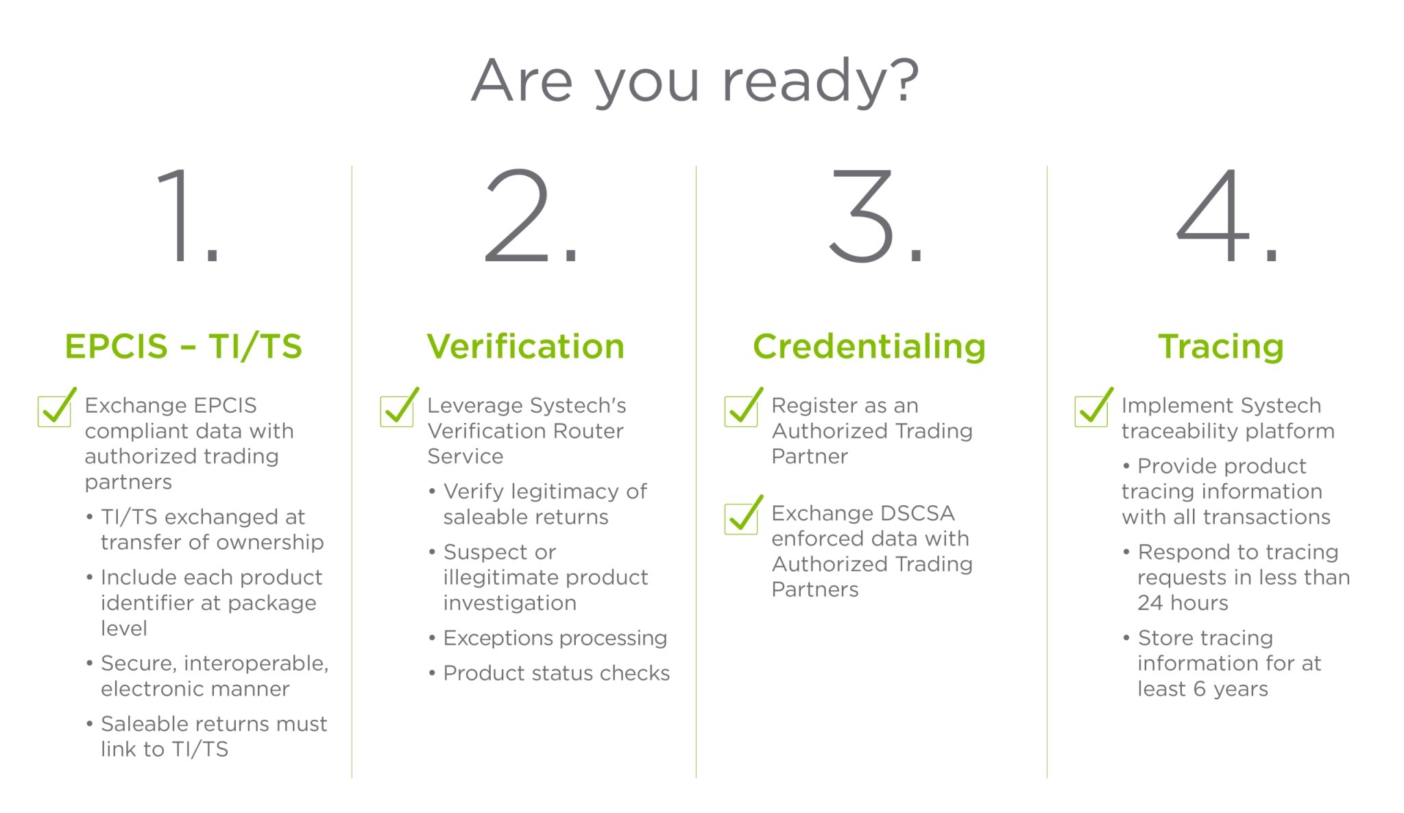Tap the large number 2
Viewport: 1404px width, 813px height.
518,216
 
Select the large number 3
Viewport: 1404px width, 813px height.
862,216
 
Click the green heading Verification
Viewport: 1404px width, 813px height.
525,346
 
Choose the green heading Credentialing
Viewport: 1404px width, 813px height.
869,346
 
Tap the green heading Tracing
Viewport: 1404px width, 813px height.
1221,346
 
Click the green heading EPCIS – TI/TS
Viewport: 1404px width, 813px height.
183,346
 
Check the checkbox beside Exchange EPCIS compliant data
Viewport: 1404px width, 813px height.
54,411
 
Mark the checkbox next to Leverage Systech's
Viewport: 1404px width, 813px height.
397,411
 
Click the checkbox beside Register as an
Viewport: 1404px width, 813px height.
741,411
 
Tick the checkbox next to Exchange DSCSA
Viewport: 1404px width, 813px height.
741,519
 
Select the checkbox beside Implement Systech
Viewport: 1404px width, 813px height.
1091,411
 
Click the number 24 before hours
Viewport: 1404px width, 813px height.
1150,603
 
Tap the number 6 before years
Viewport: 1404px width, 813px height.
1199,689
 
